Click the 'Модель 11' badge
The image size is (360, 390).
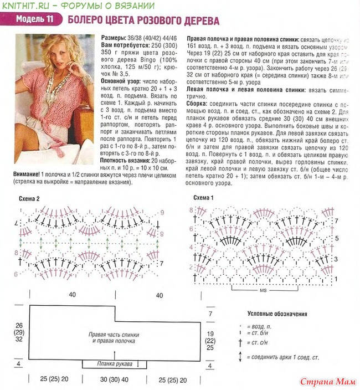(x=34, y=20)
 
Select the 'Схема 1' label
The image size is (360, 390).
(x=204, y=198)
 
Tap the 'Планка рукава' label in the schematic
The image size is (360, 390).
(x=115, y=363)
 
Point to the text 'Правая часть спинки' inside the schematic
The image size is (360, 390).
(x=114, y=335)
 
